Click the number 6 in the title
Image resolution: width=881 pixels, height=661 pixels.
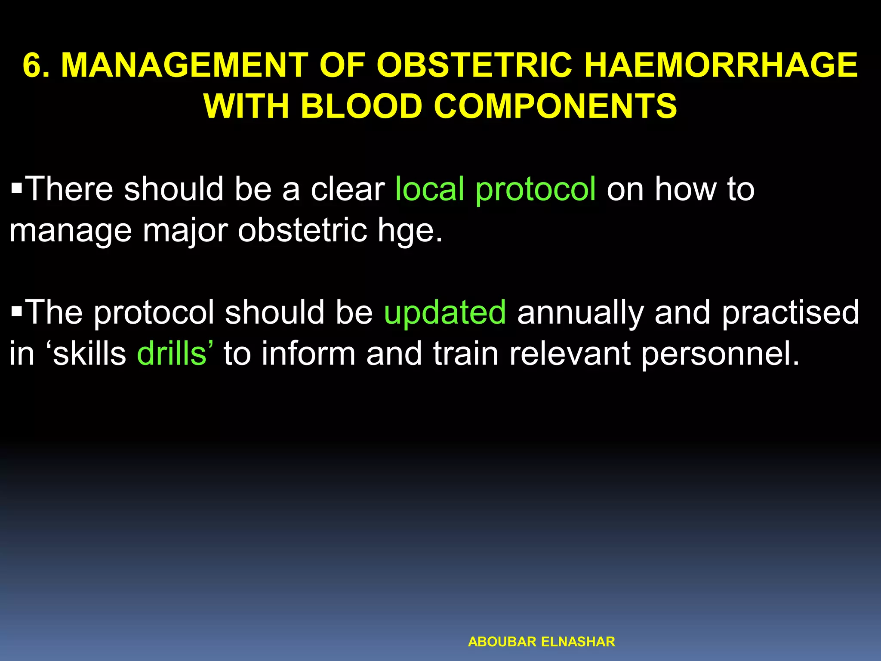point(34,65)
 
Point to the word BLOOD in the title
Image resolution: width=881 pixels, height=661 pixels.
point(361,106)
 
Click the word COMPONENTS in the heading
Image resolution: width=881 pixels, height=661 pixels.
point(555,106)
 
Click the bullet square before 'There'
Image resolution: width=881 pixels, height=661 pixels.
point(17,188)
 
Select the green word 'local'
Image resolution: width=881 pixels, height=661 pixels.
point(430,189)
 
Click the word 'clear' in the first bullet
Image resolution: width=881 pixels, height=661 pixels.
point(348,189)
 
